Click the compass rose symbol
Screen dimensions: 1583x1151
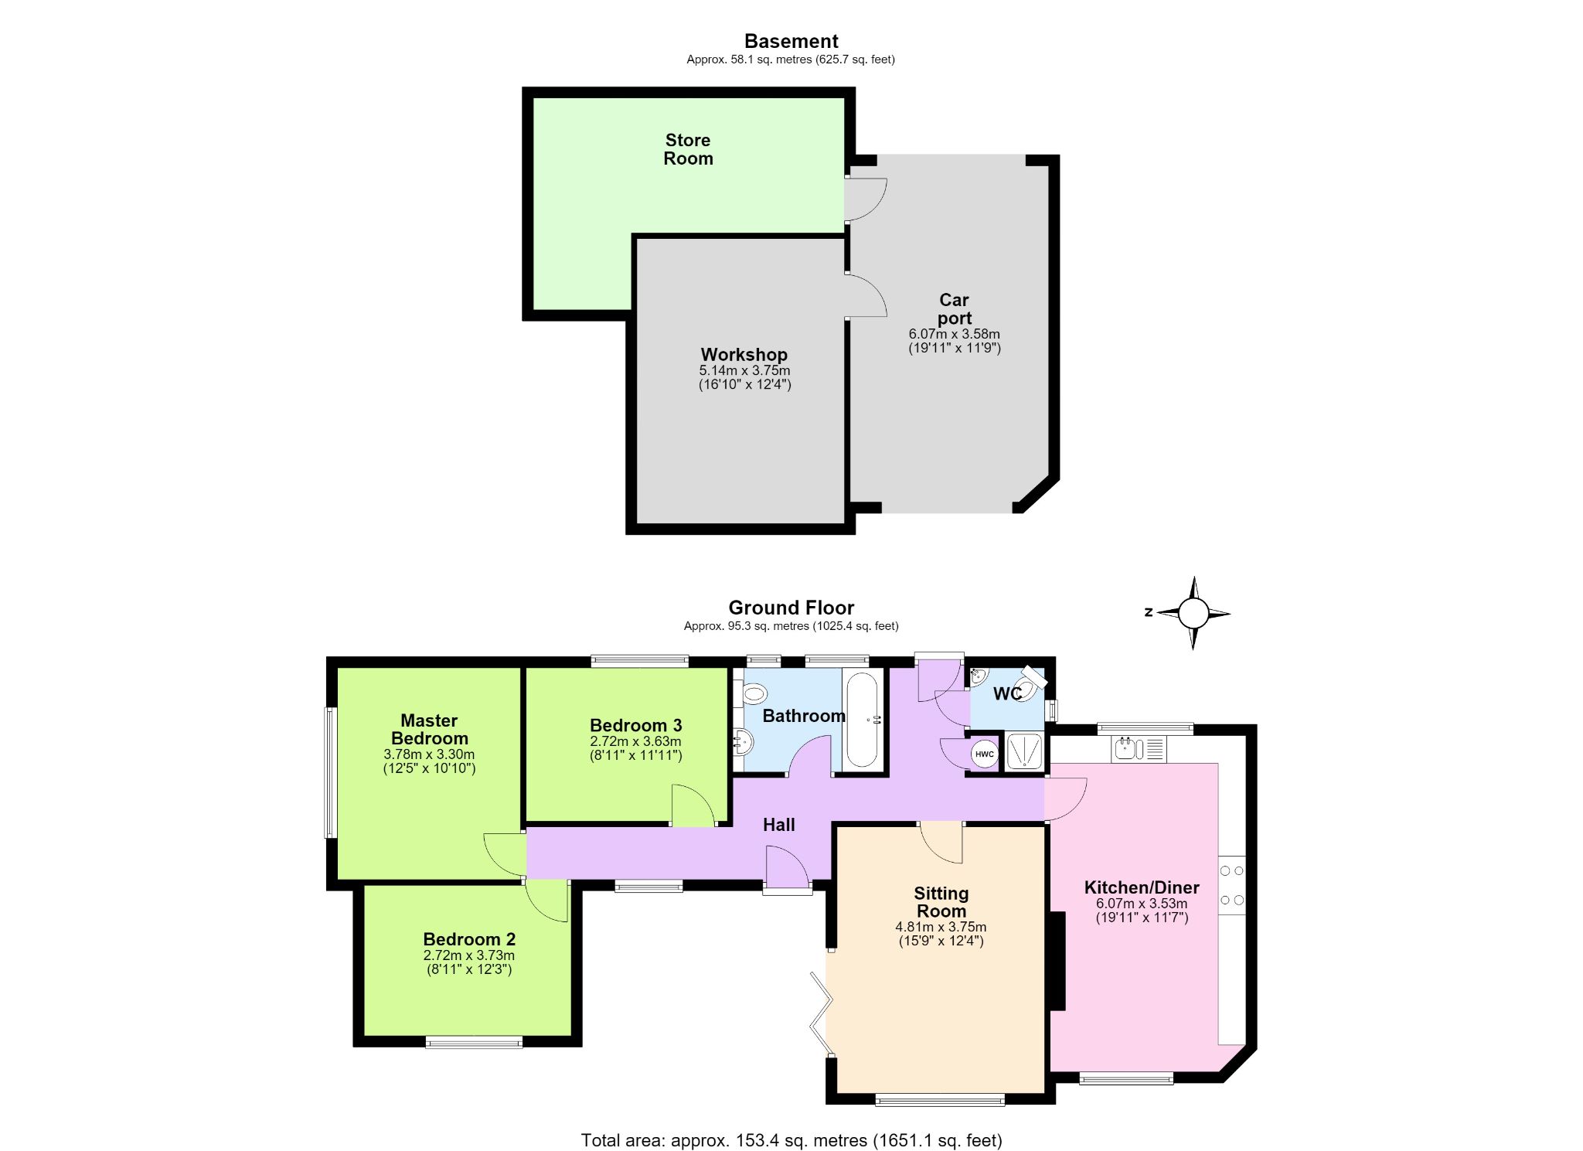tap(1193, 614)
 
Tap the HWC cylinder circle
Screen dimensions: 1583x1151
tap(985, 754)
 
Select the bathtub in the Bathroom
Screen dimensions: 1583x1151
tap(863, 719)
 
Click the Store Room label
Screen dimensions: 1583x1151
tap(688, 149)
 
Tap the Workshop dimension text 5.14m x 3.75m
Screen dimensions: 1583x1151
tap(744, 371)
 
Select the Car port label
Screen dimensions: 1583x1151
tap(954, 308)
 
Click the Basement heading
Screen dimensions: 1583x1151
tap(791, 41)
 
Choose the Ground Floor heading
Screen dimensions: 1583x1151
tap(791, 608)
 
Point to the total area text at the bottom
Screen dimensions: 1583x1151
tap(791, 1139)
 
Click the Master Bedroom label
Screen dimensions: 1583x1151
tap(429, 729)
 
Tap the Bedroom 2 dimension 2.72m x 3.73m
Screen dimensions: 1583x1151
tap(469, 955)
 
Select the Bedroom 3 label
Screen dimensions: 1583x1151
tap(635, 725)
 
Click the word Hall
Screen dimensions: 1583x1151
tap(778, 825)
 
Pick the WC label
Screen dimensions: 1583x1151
tap(1007, 694)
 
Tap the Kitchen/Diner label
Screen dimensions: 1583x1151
tap(1142, 887)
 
